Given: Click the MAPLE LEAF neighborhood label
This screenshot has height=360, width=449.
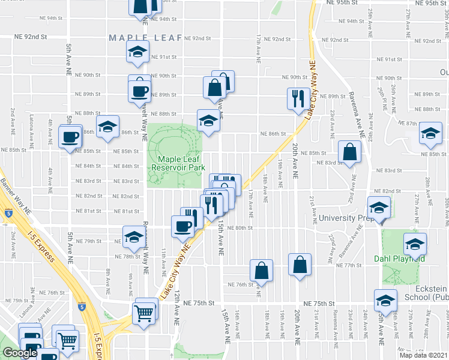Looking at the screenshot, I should [x=145, y=38].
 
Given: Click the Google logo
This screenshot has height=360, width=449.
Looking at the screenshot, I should [x=20, y=353].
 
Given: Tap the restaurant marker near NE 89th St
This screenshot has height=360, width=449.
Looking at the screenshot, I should [x=298, y=98].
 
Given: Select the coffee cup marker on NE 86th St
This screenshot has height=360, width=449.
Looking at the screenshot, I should [x=70, y=136].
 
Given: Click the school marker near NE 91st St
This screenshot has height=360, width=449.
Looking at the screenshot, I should [x=137, y=52].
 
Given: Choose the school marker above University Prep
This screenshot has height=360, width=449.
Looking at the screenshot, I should [x=379, y=208].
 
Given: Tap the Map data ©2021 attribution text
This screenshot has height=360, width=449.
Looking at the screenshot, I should [x=423, y=355].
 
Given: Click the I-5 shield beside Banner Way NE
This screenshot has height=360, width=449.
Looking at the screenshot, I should [x=7, y=212].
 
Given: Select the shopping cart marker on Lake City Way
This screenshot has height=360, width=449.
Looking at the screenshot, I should [x=145, y=311].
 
